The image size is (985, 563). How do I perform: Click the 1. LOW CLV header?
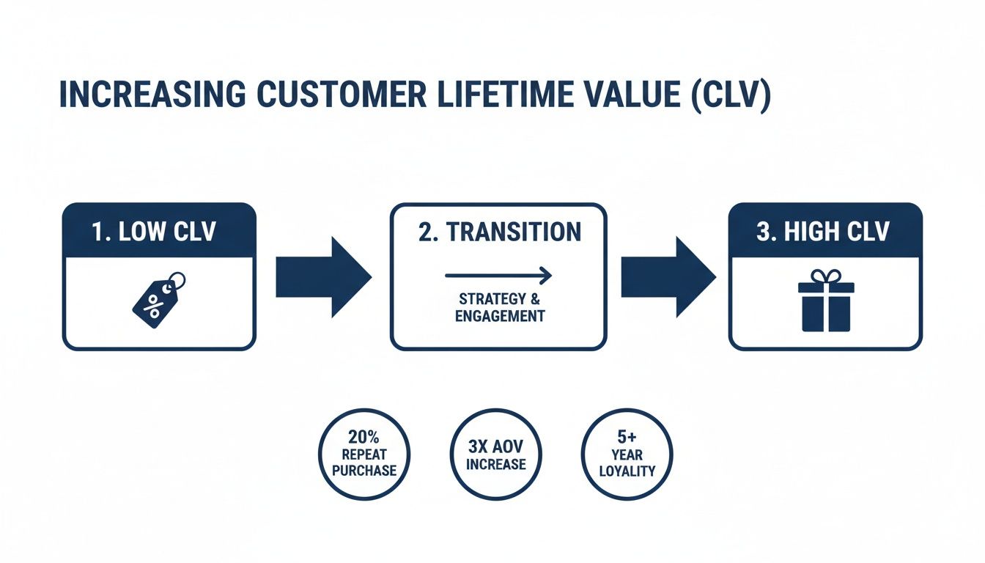click(x=159, y=232)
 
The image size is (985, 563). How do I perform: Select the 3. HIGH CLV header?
click(x=825, y=232)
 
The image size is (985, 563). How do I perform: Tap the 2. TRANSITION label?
click(x=499, y=232)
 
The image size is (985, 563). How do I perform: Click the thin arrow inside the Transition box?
click(x=498, y=275)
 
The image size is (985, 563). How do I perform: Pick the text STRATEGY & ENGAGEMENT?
click(x=499, y=308)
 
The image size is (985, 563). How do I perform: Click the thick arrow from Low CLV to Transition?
click(x=323, y=277)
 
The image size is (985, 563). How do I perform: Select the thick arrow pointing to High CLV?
click(x=668, y=277)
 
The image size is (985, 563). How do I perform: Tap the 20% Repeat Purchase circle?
click(x=364, y=455)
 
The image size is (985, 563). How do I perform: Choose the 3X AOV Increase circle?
click(x=495, y=455)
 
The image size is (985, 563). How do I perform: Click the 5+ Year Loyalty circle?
click(x=627, y=455)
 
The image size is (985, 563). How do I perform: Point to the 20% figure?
click(x=364, y=438)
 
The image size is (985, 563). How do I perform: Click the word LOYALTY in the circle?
click(x=627, y=471)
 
